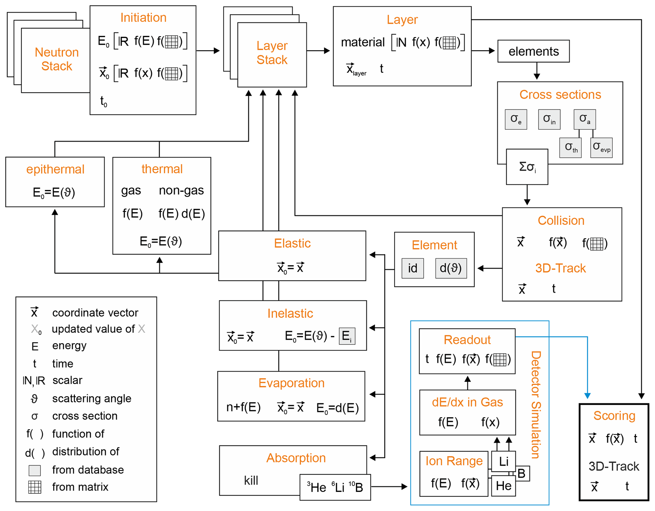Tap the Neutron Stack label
coord(57,59)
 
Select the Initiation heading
coord(143,17)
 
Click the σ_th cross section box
coord(570,147)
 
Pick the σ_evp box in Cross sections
coord(601,147)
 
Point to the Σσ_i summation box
coord(527,167)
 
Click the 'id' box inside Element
coord(412,268)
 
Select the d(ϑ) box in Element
coord(451,268)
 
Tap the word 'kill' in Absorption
coord(251,480)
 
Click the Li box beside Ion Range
coord(503,461)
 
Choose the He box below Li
coord(503,486)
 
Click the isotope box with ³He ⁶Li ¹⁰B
coord(335,487)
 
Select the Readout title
coord(467,340)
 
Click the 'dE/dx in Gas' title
coord(467,402)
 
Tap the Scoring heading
coord(614,416)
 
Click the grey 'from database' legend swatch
coord(35,470)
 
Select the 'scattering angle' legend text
coord(92,398)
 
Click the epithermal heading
coord(55,169)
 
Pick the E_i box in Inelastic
coord(347,336)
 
